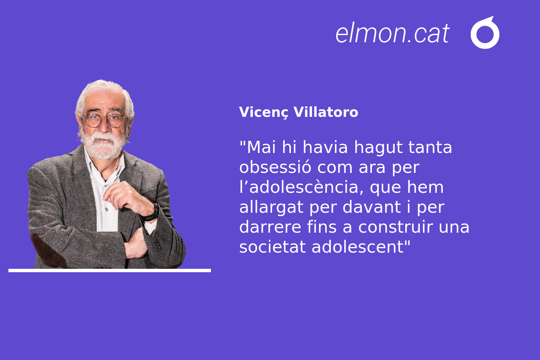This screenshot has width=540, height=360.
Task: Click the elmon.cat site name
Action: (393, 33)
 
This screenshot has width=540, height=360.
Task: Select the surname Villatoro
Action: (326, 112)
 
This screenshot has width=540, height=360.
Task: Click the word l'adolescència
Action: (301, 187)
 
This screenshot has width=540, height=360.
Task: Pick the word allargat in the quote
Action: (271, 207)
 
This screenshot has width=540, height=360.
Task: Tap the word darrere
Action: (270, 227)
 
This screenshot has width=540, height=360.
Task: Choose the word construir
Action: (396, 227)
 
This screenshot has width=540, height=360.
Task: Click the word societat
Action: (273, 247)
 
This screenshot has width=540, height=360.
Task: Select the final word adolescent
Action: (358, 247)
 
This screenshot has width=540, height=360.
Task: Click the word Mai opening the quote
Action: (261, 147)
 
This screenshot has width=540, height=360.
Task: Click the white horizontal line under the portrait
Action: (110, 271)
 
